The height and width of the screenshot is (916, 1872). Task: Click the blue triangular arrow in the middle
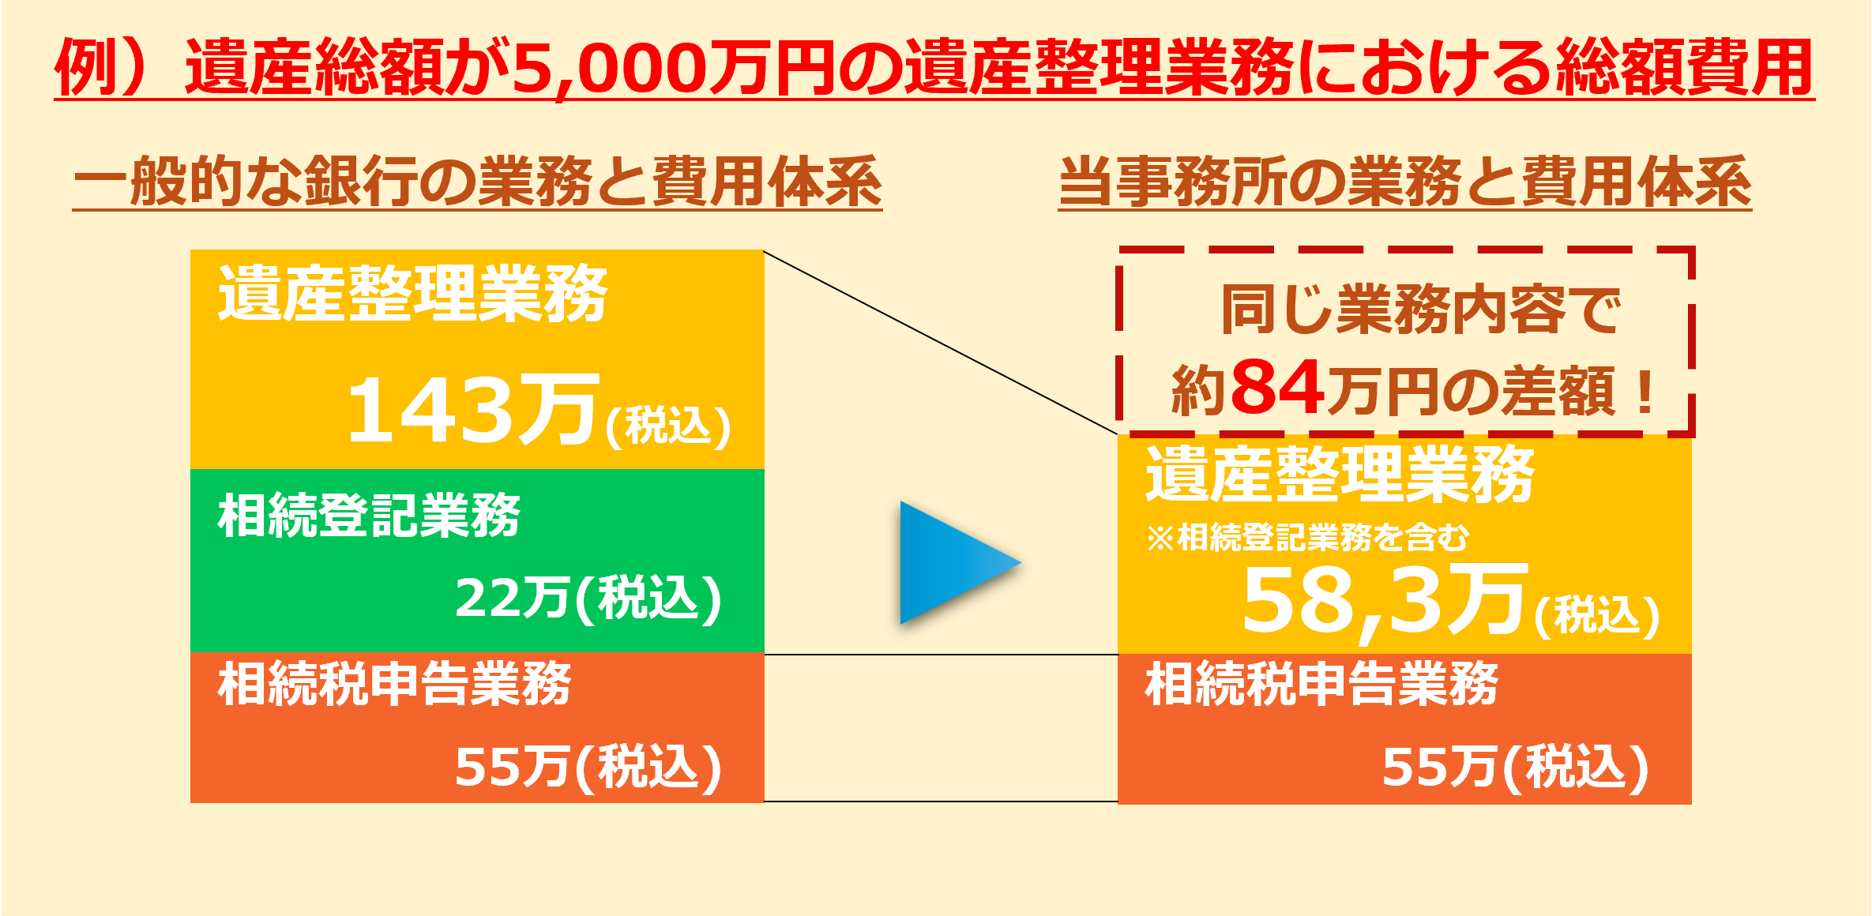952,562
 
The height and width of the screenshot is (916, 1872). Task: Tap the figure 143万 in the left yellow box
473,409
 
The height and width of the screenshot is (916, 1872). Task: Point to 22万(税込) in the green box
588,598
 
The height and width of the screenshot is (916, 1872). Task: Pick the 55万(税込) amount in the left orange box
588,767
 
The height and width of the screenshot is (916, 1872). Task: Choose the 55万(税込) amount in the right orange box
1516,767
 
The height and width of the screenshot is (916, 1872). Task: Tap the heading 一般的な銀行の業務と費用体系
477,181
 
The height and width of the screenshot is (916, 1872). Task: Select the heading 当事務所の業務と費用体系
1405,181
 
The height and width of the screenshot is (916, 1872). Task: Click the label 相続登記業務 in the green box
369,515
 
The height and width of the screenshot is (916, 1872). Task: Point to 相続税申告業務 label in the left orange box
394,683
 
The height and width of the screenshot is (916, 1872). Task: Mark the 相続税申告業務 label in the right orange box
1321,683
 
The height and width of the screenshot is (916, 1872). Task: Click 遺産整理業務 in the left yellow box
412,294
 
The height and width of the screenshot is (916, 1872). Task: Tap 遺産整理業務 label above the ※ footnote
1340,474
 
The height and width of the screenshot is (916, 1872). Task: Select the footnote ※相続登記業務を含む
1307,538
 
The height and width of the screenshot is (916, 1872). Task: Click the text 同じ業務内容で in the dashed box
1421,310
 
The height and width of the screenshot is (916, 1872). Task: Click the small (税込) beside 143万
668,427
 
